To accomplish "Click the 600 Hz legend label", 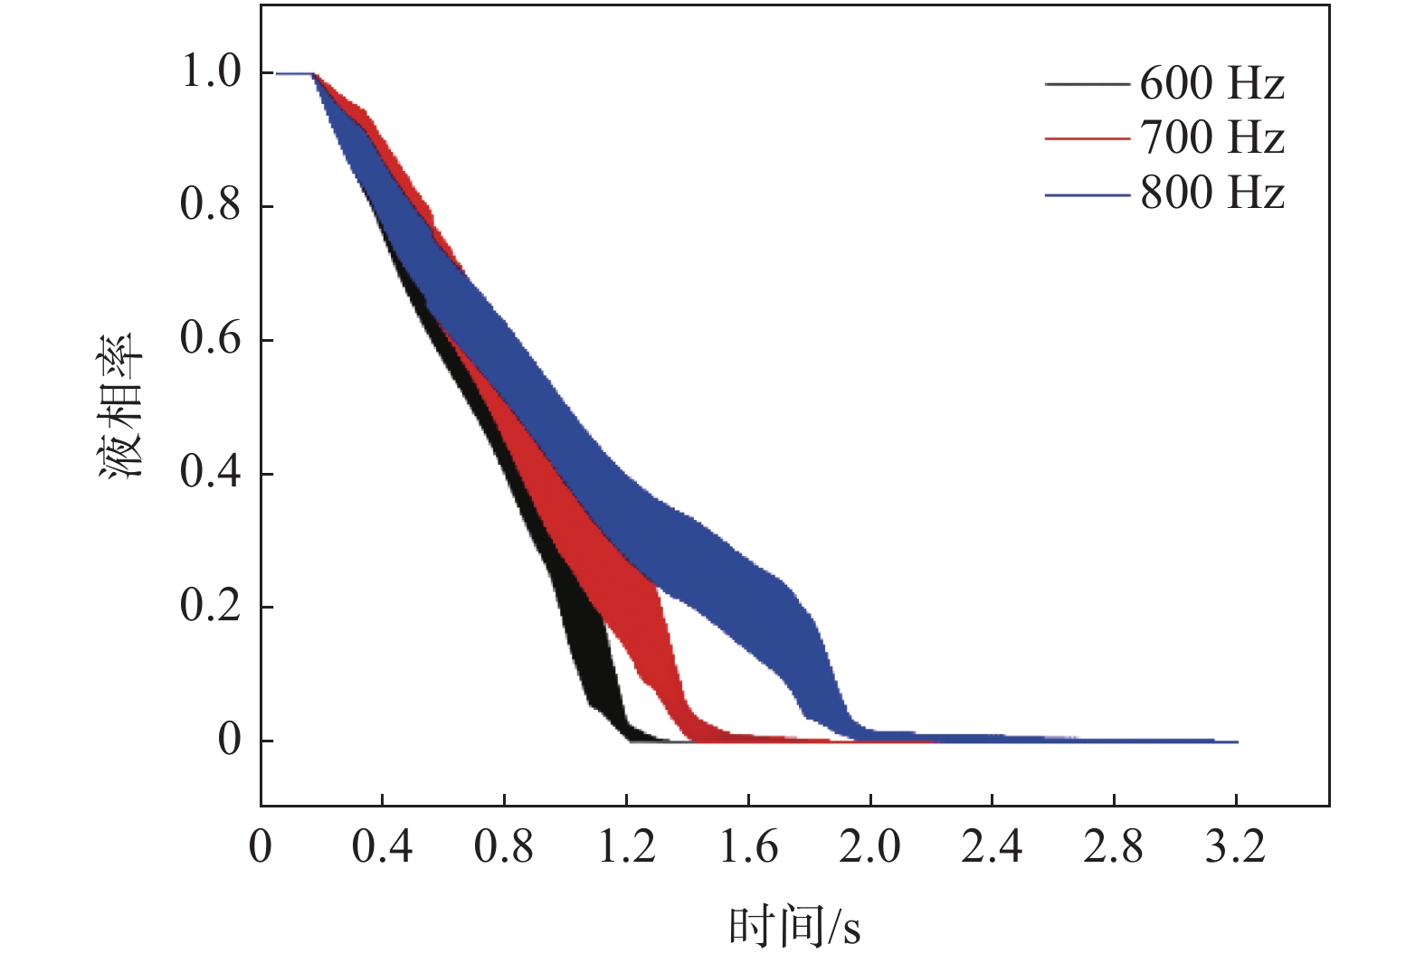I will point(1211,84).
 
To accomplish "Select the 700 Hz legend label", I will point(1211,138).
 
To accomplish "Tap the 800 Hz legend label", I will point(1211,194).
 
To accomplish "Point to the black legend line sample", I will point(1087,85).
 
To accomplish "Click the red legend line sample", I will point(1087,139).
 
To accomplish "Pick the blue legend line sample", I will point(1087,194).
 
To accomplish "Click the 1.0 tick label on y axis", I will point(212,72).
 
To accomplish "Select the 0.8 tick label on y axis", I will point(212,205).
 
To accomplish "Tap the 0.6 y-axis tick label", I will point(212,339).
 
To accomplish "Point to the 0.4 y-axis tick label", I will point(212,472).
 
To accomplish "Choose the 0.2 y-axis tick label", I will point(212,606).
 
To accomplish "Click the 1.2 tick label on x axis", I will point(626,848).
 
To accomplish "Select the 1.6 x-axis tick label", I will point(748,848).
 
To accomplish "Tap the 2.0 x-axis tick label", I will point(869,848).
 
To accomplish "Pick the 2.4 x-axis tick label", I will point(992,848).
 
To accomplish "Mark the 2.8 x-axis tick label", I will point(1114,848).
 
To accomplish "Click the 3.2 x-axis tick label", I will point(1235,848).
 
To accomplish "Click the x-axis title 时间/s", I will point(794,927).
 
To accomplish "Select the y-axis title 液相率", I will point(121,406).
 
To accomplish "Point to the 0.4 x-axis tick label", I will point(382,848).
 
